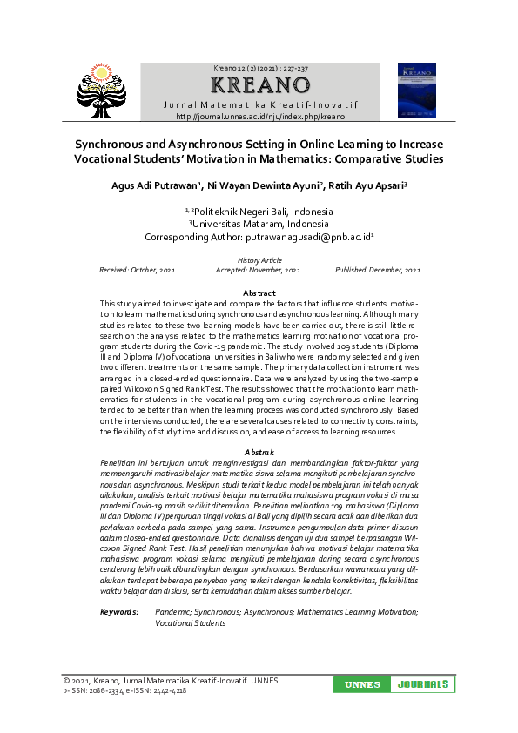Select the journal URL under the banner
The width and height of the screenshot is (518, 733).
point(260,117)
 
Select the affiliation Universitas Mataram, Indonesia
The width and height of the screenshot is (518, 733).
point(259,224)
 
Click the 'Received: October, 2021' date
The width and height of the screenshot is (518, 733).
point(137,271)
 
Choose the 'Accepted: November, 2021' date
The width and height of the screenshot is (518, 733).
point(259,271)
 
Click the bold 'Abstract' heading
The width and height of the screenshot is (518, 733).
point(259,293)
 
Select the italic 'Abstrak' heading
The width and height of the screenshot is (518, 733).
point(259,453)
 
